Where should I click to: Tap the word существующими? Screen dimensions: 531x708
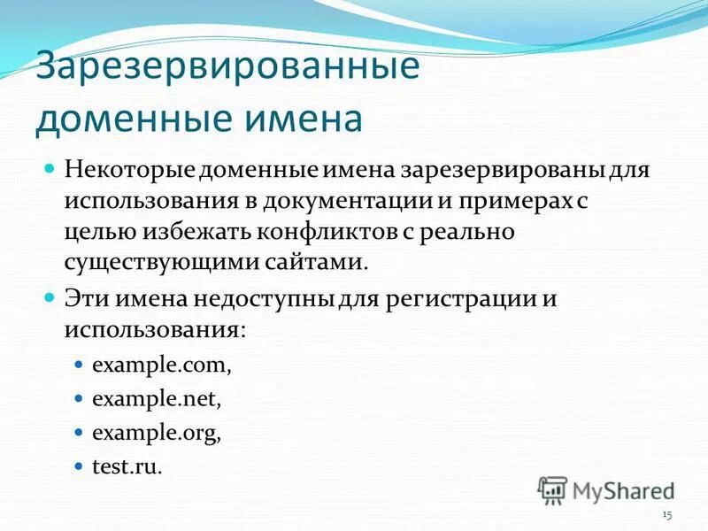154,264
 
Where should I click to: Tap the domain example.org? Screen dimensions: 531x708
157,434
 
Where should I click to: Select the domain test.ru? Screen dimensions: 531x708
127,466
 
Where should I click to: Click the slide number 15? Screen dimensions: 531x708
667,515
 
